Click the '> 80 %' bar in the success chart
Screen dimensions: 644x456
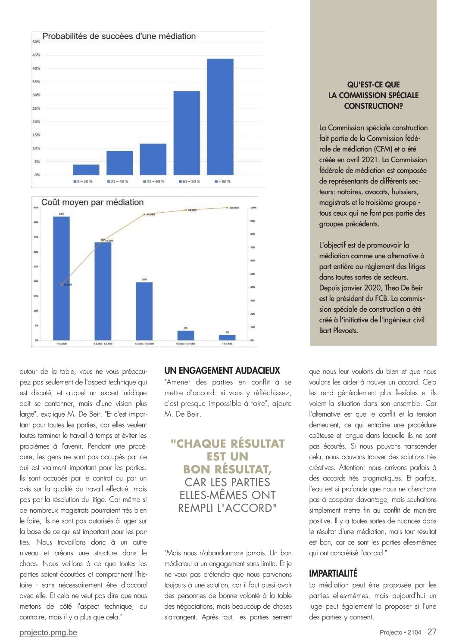(220, 117)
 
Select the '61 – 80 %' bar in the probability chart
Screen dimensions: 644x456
(186, 133)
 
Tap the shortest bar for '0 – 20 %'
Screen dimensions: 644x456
(86, 170)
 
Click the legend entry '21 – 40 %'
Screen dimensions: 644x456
(118, 182)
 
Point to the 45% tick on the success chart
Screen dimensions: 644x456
(36, 55)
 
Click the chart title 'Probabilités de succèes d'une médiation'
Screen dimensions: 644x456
(119, 36)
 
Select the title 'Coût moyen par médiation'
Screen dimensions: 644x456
(92, 202)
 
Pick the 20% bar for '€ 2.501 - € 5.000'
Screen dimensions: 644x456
(144, 311)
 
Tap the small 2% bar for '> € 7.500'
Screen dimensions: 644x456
(227, 337)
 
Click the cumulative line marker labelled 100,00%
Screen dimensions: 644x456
(227, 207)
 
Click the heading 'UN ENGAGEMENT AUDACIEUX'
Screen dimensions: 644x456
(222, 371)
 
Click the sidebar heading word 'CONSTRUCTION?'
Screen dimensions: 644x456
(373, 106)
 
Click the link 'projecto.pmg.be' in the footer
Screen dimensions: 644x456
(48, 632)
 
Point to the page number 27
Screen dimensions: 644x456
(432, 632)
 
